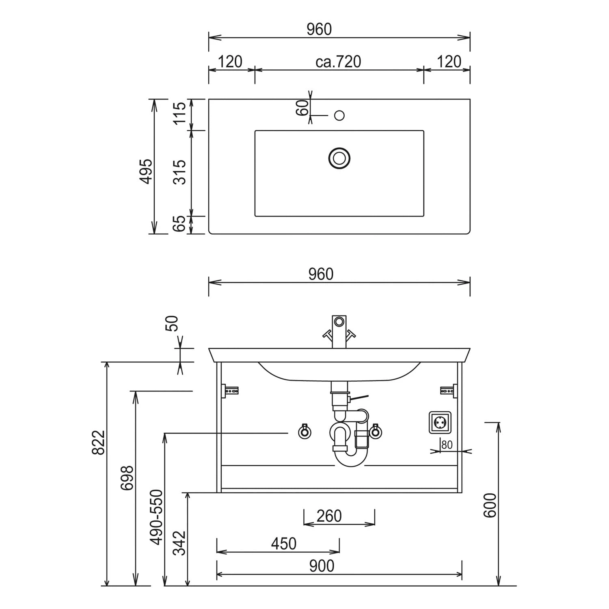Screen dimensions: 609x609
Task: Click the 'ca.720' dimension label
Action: point(338,62)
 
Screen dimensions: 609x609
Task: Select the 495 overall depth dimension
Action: point(146,171)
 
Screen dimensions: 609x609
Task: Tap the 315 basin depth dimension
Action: point(179,172)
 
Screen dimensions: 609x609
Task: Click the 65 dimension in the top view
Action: point(179,224)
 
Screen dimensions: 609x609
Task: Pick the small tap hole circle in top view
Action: point(339,115)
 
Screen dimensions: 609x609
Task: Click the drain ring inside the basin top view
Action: point(339,158)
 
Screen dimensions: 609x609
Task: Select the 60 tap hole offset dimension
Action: point(302,108)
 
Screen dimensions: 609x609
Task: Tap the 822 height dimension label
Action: point(99,442)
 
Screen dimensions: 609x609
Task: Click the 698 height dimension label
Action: point(127,478)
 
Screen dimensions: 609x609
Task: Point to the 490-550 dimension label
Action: point(156,516)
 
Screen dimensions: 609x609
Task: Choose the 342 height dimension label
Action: point(179,543)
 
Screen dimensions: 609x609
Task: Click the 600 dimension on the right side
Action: point(490,505)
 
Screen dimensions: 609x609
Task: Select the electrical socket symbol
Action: point(440,423)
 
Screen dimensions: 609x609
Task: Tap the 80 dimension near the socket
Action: point(447,445)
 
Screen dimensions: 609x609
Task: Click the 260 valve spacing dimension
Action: point(329,516)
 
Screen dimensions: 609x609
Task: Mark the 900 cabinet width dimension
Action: point(322,566)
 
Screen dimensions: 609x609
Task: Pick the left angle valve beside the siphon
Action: point(304,431)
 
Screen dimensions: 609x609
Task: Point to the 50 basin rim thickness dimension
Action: point(173,323)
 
